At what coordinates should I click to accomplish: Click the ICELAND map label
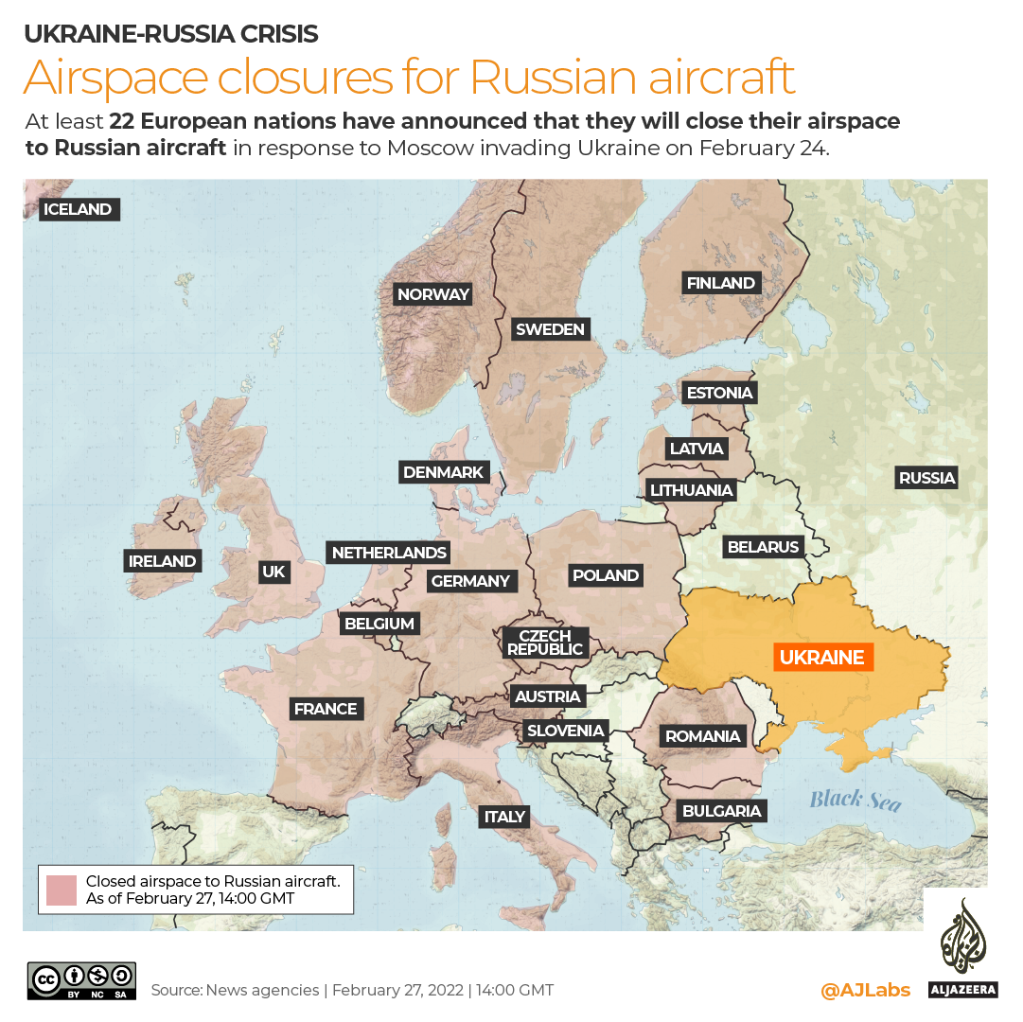point(79,209)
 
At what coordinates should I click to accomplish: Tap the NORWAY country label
point(433,294)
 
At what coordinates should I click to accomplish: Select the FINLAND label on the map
point(720,283)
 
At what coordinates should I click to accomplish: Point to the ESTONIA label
point(719,393)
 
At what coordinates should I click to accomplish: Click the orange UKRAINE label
point(822,657)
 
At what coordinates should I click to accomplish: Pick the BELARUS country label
point(763,546)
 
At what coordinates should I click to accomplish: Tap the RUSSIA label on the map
point(926,478)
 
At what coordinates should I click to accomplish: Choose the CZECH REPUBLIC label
point(545,643)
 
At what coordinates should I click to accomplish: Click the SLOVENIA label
point(565,731)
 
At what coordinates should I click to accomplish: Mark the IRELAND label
point(163,561)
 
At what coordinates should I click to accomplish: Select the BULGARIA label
point(721,811)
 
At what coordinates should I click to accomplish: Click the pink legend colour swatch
point(61,890)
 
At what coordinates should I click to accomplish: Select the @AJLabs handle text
point(865,990)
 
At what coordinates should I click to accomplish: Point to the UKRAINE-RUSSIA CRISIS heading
point(170,35)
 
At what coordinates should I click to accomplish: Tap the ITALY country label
point(504,817)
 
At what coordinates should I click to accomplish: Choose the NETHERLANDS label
point(389,553)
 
